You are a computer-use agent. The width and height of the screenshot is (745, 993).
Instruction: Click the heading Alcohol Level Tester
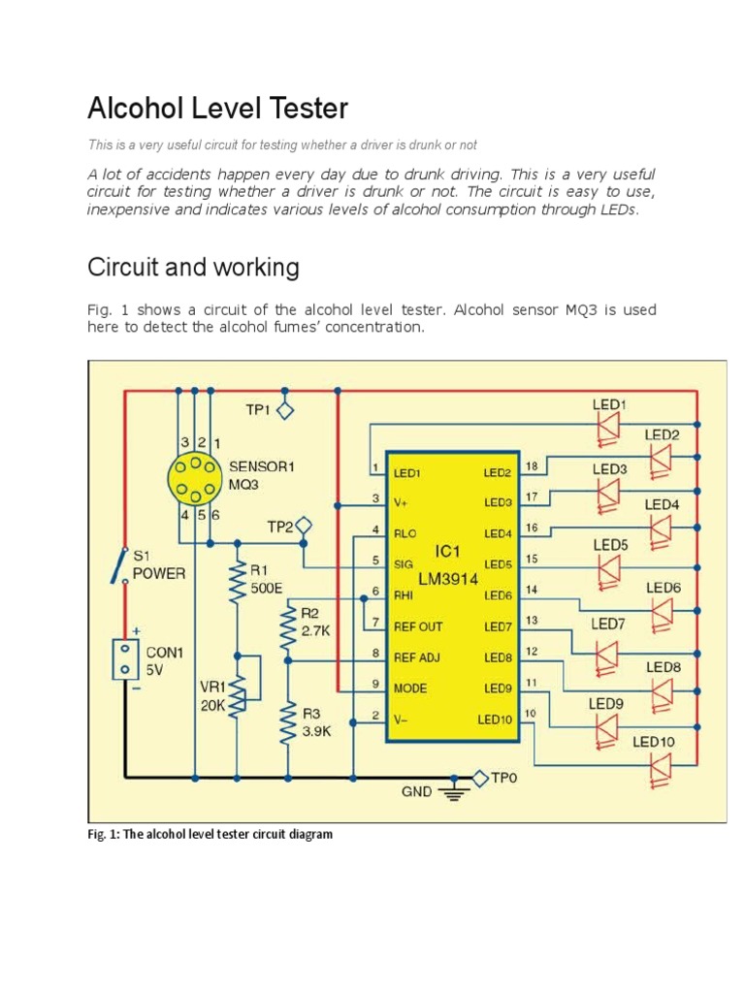tap(217, 109)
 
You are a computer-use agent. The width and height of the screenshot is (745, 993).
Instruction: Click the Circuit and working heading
tap(193, 267)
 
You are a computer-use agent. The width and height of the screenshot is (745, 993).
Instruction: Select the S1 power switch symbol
tap(123, 566)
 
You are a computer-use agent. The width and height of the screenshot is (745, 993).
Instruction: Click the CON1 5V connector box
tap(124, 659)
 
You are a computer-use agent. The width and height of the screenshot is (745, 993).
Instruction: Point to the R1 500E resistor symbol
tap(236, 584)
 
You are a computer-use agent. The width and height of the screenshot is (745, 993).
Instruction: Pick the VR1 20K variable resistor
tap(237, 686)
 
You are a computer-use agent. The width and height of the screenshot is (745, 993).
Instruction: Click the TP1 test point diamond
tap(284, 410)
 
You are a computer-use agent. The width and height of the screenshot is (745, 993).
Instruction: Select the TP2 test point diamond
tap(305, 527)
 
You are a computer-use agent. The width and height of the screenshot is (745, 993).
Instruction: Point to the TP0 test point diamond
tap(479, 777)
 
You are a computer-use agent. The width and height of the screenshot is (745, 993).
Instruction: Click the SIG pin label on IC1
tap(405, 562)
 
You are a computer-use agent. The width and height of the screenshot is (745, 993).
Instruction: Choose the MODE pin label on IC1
tap(411, 689)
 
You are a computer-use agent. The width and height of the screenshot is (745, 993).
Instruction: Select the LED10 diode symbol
tap(661, 767)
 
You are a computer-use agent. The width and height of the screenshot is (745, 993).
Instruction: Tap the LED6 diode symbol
tap(661, 612)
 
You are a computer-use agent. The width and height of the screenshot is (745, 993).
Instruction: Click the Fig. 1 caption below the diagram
tap(210, 834)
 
